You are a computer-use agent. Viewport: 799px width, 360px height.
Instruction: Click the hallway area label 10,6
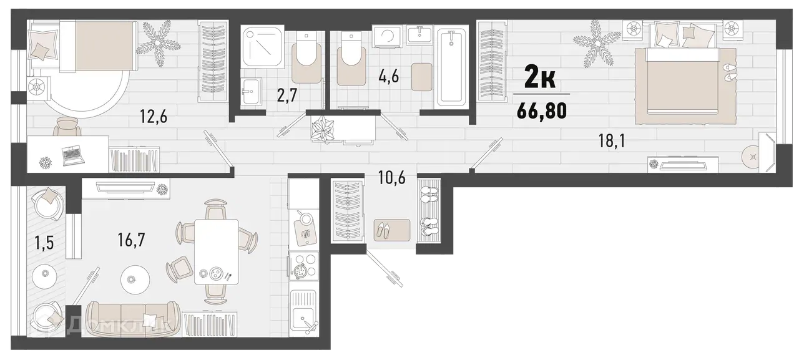coord(392,178)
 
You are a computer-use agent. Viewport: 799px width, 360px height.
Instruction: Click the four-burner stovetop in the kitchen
coord(303,264)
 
